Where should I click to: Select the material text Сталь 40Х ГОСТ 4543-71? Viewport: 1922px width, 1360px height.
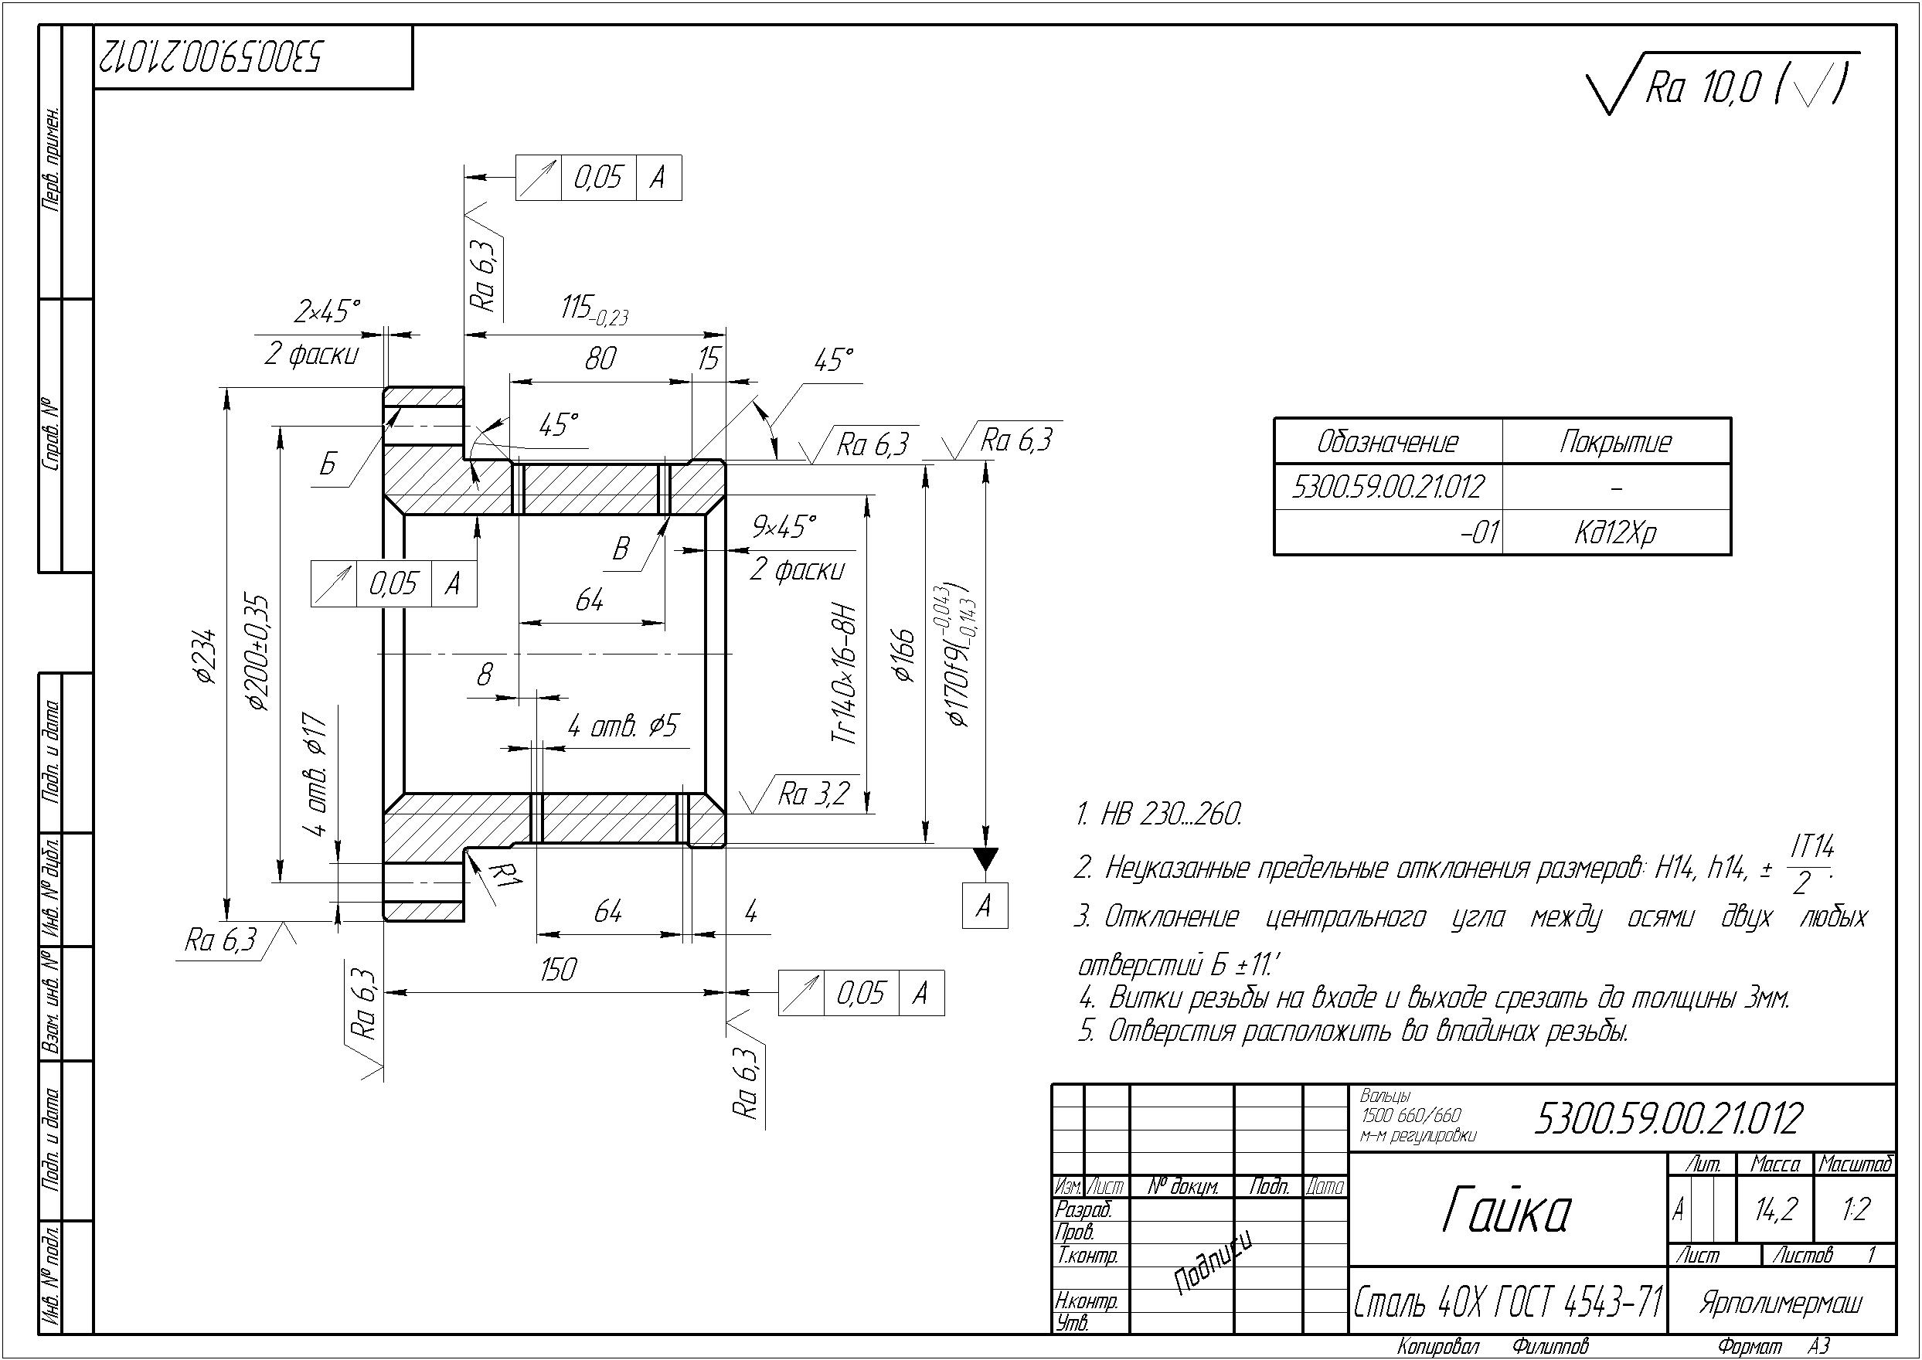click(x=1507, y=1301)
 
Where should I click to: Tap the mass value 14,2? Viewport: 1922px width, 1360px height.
click(x=1775, y=1209)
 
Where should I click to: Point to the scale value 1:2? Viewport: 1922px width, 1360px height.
click(x=1855, y=1209)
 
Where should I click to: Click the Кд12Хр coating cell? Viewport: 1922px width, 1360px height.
click(x=1615, y=532)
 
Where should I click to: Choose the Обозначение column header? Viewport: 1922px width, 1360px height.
click(x=1387, y=441)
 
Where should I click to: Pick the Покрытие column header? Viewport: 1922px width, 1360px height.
click(x=1614, y=441)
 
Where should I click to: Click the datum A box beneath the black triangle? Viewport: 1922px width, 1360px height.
click(x=984, y=906)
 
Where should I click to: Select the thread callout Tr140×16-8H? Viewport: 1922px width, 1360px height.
click(x=845, y=674)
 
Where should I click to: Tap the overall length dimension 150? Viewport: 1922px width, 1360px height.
click(x=558, y=970)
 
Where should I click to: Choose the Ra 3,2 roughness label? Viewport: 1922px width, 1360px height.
click(x=813, y=794)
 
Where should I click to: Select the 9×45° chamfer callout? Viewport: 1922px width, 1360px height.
click(x=784, y=527)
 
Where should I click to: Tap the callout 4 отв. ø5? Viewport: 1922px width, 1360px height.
click(x=622, y=726)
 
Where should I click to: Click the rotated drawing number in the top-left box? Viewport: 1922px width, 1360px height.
click(x=209, y=57)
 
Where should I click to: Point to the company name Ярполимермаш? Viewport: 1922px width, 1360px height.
click(x=1781, y=1303)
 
